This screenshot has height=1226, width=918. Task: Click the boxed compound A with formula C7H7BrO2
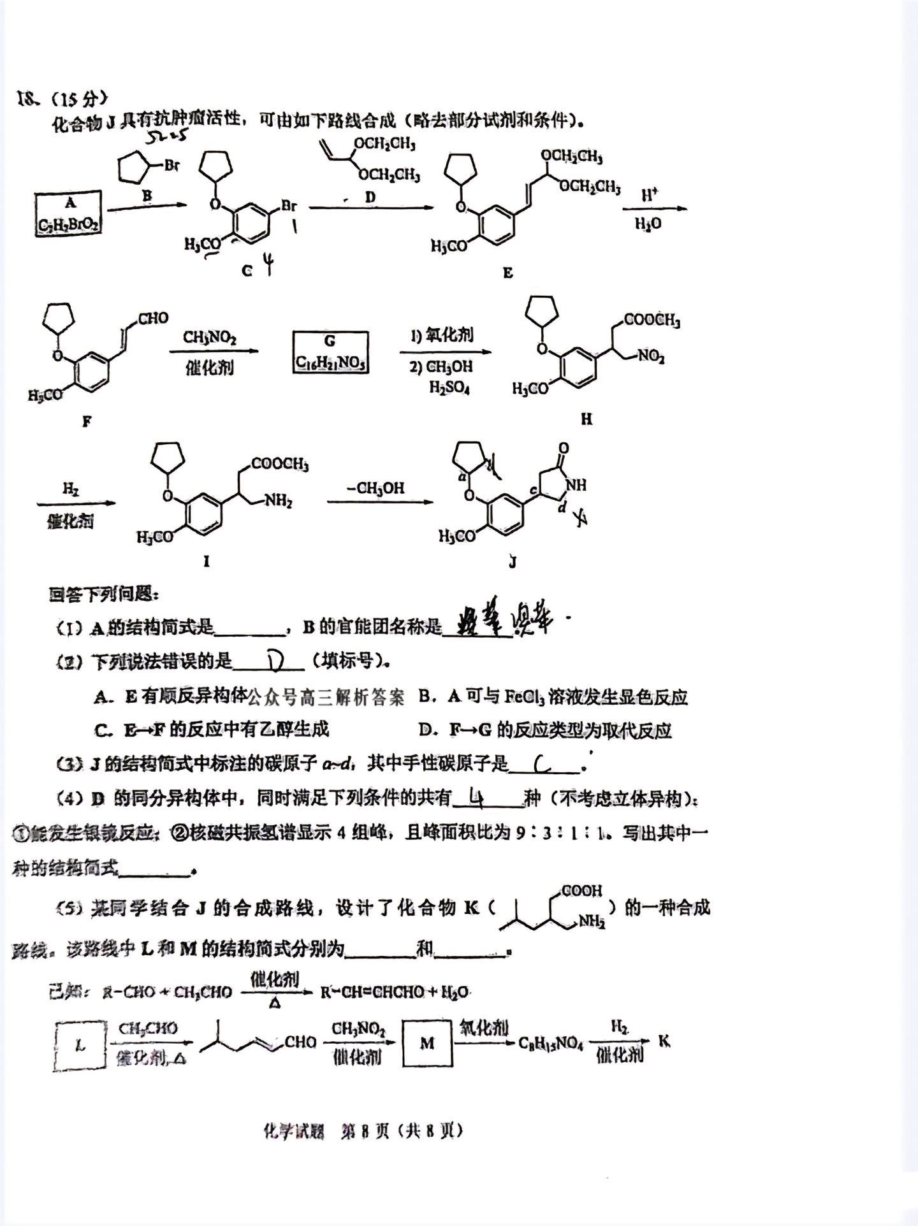68,213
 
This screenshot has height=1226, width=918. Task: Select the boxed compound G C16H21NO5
330,352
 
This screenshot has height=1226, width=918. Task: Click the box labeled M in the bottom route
427,1043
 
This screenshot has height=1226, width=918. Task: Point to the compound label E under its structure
507,273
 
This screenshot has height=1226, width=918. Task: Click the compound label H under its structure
586,419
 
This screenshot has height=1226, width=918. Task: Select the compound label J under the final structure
513,562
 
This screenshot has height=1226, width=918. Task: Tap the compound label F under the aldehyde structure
87,421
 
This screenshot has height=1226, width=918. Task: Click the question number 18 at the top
28,99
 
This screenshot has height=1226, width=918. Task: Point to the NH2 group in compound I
278,501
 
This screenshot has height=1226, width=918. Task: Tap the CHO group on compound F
153,318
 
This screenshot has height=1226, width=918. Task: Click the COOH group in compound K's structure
581,891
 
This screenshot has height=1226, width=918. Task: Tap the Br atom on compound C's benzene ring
288,206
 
